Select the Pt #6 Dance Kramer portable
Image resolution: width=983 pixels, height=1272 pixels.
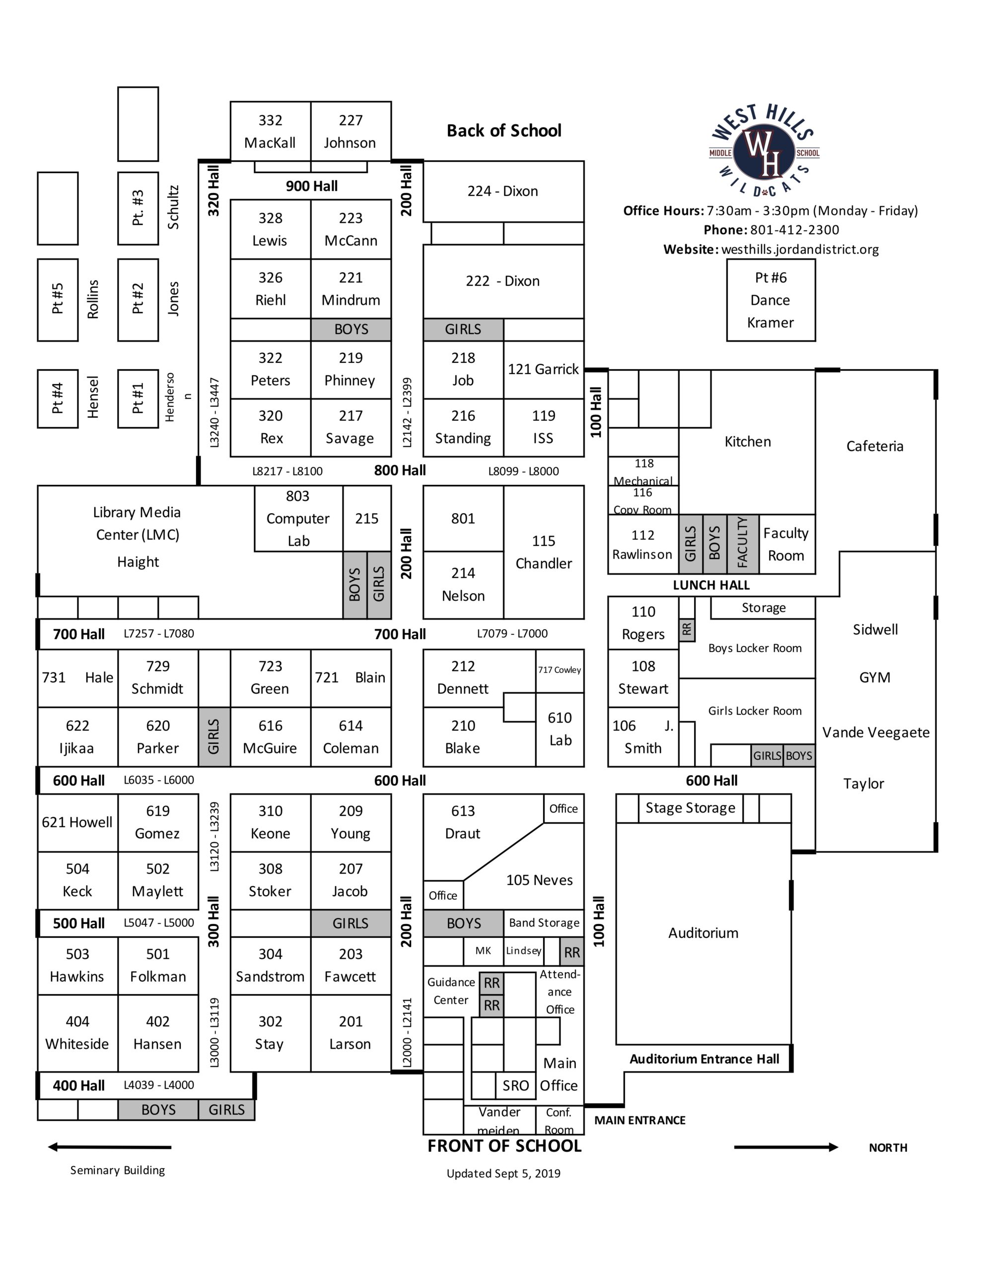pyautogui.click(x=771, y=300)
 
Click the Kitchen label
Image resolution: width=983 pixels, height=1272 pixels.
pyautogui.click(x=748, y=442)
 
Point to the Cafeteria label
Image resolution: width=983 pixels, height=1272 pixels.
pyautogui.click(x=875, y=446)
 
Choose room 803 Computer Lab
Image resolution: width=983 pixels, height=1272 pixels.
pyautogui.click(x=298, y=518)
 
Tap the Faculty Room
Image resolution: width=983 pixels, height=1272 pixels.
pyautogui.click(x=786, y=544)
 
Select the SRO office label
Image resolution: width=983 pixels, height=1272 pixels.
pyautogui.click(x=516, y=1085)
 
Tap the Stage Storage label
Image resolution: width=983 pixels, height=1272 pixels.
pyautogui.click(x=691, y=808)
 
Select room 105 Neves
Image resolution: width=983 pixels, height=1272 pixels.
pyautogui.click(x=539, y=880)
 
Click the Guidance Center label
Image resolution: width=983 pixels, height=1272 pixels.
pyautogui.click(x=451, y=991)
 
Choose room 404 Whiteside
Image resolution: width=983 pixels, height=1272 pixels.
pyautogui.click(x=77, y=1033)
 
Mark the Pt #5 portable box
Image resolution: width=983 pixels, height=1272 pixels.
pyautogui.click(x=58, y=299)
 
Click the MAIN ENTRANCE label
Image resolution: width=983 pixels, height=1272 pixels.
pyautogui.click(x=640, y=1120)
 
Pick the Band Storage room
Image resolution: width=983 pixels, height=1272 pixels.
pyautogui.click(x=544, y=923)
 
